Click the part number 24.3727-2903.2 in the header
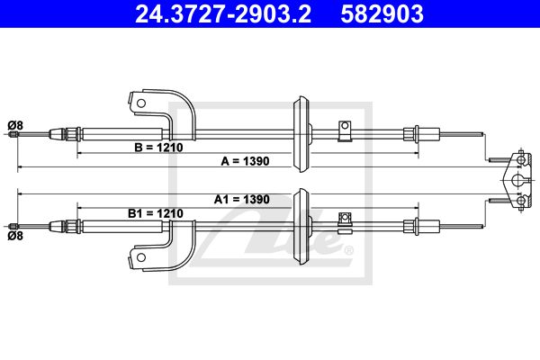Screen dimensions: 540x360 tap(223, 13)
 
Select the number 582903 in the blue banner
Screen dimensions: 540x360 tap(382, 13)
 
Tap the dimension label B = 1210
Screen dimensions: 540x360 tap(158, 148)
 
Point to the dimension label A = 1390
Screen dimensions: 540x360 tap(245, 161)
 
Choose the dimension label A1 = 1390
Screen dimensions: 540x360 tap(242, 199)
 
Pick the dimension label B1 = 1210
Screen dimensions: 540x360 tap(156, 213)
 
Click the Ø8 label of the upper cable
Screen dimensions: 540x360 tap(15, 125)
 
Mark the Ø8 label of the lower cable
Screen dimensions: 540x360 tap(15, 236)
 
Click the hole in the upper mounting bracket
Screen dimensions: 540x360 tap(141, 103)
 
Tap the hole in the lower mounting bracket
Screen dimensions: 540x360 tap(141, 257)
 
